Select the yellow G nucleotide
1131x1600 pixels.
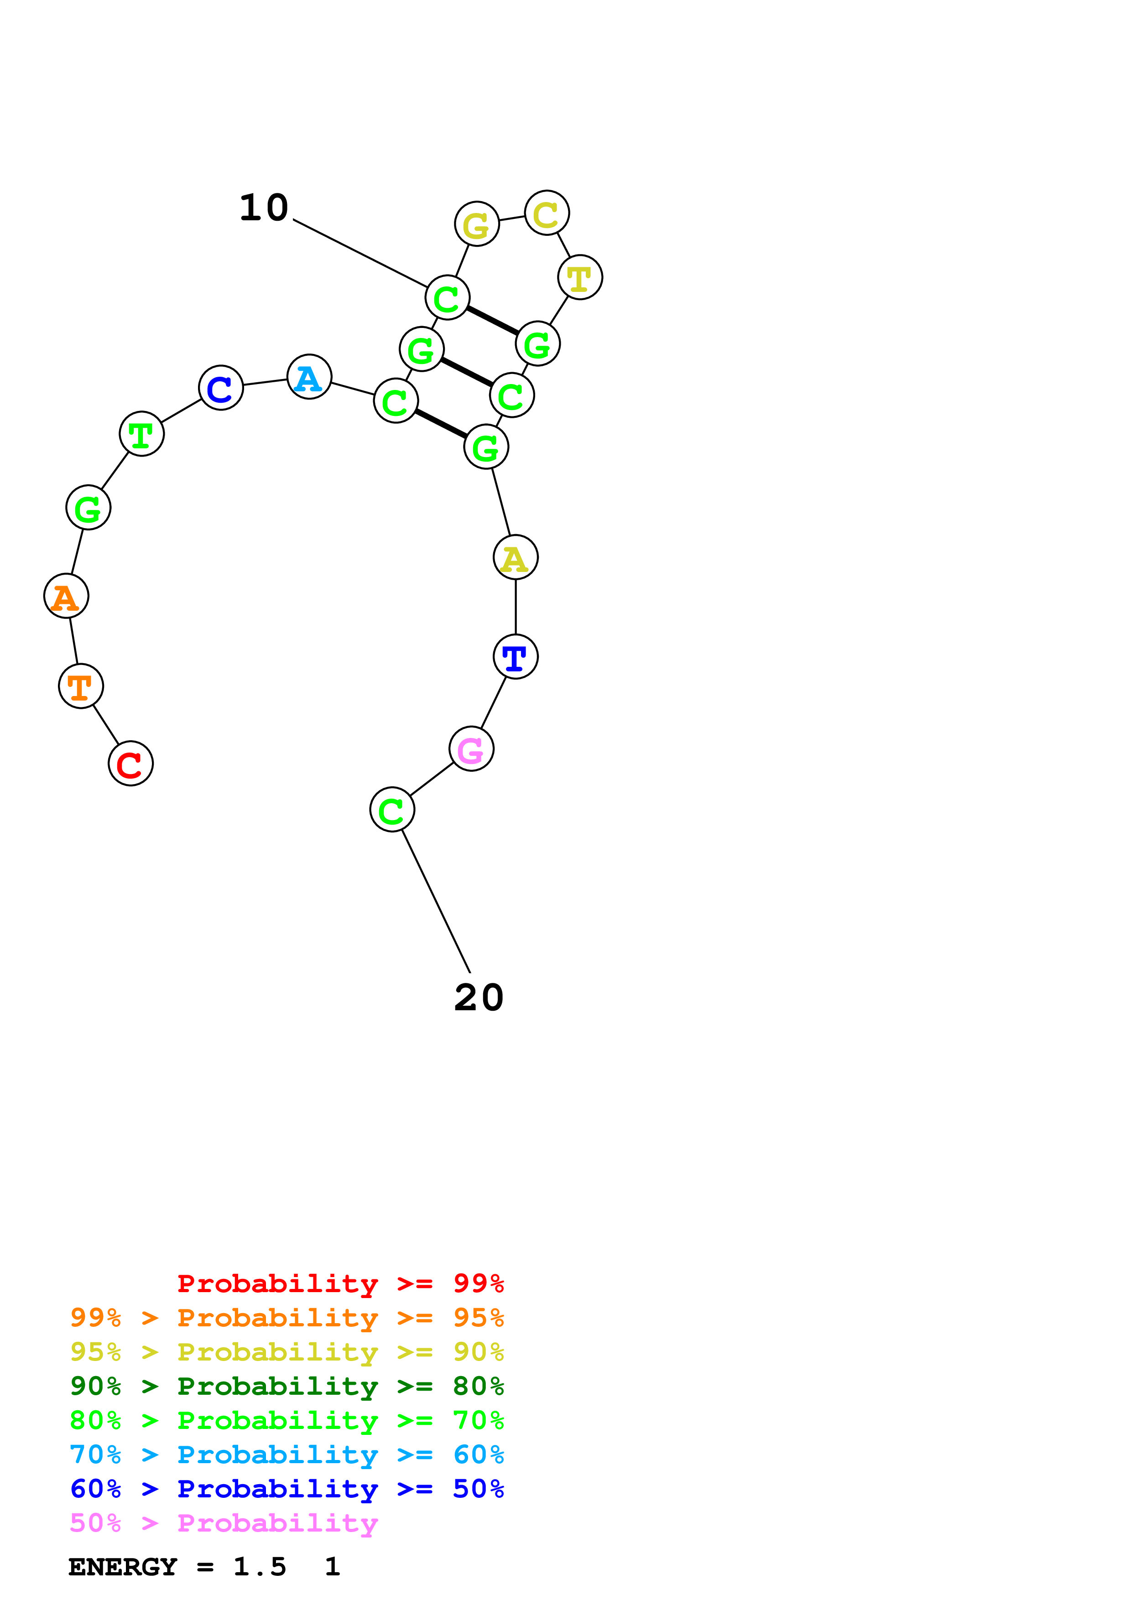click(477, 223)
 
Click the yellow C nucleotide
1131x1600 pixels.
click(547, 213)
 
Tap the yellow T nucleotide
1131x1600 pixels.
click(580, 277)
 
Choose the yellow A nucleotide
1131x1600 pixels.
click(516, 557)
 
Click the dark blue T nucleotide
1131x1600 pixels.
click(516, 656)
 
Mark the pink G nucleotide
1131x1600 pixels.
click(472, 749)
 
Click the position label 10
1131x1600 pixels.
click(263, 208)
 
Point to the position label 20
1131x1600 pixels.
click(479, 998)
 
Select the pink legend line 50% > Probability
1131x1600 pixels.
click(224, 1523)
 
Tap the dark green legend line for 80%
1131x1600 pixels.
click(287, 1386)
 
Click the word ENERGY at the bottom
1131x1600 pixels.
click(123, 1567)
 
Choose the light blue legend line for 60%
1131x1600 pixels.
click(287, 1455)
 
